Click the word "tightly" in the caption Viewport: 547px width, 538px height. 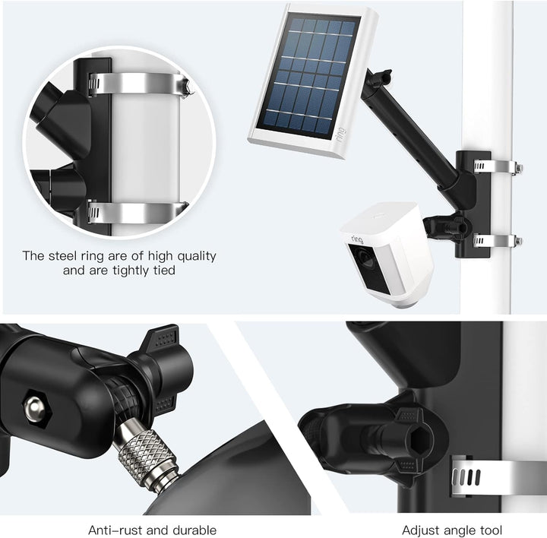[x=132, y=270]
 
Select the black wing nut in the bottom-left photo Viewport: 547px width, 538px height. [x=163, y=357]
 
